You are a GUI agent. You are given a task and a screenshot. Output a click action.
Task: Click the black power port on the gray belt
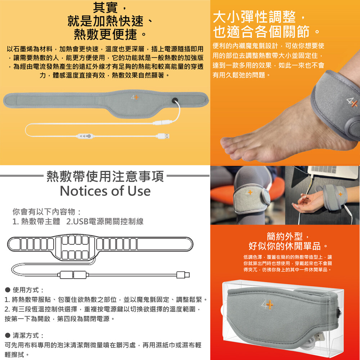(175, 100)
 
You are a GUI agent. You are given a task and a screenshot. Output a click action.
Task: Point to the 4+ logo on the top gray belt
(135, 97)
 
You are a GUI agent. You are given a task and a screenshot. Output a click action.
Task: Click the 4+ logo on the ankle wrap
(352, 102)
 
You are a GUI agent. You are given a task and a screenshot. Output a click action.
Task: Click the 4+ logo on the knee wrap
(249, 192)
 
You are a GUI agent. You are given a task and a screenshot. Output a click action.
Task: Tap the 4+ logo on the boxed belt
(267, 304)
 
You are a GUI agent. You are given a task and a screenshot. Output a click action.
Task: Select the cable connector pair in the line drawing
(73, 275)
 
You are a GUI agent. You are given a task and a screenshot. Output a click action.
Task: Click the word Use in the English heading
(139, 191)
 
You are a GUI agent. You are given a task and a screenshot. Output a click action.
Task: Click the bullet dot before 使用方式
(8, 290)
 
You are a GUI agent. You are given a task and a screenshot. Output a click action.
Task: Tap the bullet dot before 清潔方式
(8, 335)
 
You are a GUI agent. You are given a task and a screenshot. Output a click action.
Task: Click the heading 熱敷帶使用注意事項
(105, 176)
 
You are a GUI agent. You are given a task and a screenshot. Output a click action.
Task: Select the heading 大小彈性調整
(255, 17)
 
